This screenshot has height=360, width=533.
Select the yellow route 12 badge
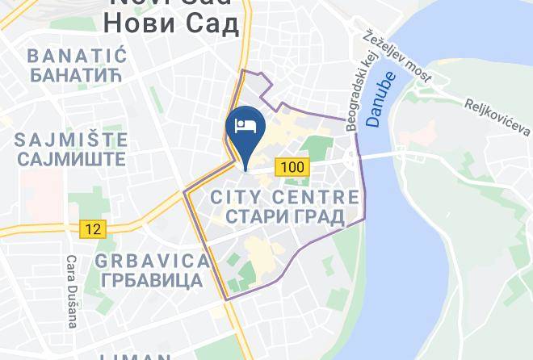pos(94,228)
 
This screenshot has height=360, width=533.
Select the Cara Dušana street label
pos(71,291)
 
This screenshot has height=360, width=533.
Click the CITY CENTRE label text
pos(284,197)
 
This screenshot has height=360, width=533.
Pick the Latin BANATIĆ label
pos(78,56)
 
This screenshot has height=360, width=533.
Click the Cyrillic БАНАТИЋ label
pos(78,75)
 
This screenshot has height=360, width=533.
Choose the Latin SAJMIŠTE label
pos(71,139)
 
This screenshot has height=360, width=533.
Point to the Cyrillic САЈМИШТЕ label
pos(71,158)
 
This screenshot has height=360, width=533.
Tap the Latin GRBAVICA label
pos(152,262)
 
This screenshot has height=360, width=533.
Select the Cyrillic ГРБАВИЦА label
pos(152,281)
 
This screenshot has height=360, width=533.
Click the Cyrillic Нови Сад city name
pos(171,24)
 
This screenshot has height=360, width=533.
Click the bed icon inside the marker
pos(246,126)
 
